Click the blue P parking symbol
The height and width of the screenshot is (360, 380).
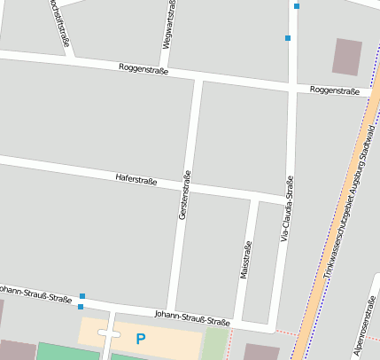140,338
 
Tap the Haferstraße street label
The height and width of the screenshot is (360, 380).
136,180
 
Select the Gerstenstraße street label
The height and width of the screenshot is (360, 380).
185,196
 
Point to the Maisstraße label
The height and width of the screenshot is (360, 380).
245,259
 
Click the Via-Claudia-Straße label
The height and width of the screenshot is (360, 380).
286,209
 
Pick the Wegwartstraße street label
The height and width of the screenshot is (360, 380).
168,25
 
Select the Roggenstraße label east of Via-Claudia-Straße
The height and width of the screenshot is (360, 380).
334,90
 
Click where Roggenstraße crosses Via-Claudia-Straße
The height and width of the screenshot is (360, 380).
291,88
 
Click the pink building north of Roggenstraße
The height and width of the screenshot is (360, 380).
347,57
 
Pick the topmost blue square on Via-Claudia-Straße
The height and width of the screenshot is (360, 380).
297,6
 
